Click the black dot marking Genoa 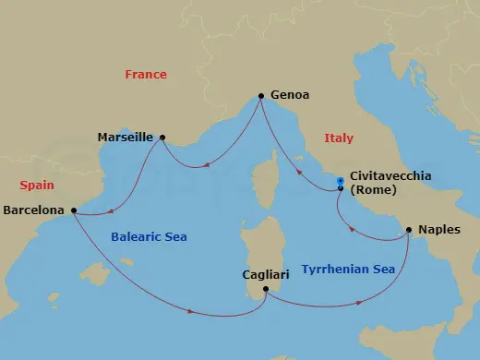(261, 95)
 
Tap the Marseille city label (125, 138)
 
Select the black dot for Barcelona (74, 210)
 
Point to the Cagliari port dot (265, 290)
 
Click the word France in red (147, 75)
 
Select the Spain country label (37, 185)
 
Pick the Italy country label (339, 138)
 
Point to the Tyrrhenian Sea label (340, 270)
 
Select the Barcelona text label (34, 210)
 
